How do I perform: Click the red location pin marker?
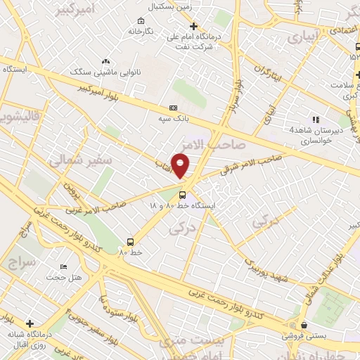click(x=181, y=167)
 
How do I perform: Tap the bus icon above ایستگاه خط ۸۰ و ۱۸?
click(x=183, y=195)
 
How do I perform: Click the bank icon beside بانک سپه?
click(x=173, y=108)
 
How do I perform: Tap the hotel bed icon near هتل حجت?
click(x=64, y=267)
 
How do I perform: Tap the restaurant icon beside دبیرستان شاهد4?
click(x=315, y=120)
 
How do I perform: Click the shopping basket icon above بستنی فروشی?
click(x=304, y=325)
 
